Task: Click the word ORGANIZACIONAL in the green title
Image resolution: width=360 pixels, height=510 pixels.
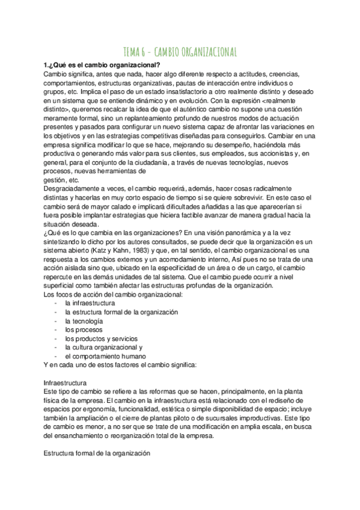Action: click(x=206, y=51)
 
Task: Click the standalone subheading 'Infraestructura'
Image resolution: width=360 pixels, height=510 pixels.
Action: click(x=66, y=382)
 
